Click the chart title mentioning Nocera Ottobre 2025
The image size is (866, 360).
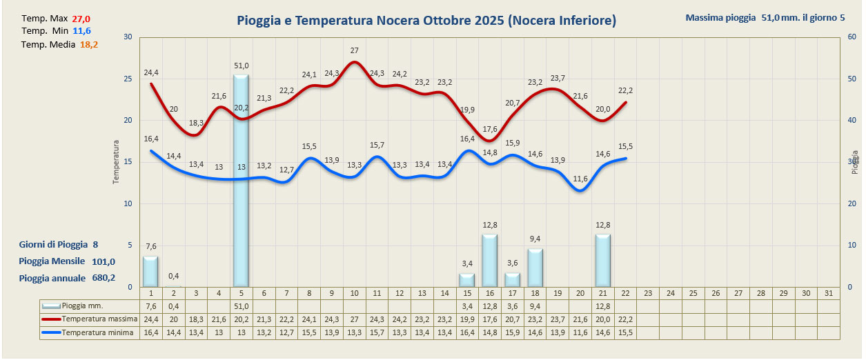426,21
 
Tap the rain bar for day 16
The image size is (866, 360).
489,261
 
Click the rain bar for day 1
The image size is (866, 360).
150,271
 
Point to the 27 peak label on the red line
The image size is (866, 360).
354,50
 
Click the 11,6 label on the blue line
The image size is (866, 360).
580,179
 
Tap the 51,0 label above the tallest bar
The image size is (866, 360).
242,66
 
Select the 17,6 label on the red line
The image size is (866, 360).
490,129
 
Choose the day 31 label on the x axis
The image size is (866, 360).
829,293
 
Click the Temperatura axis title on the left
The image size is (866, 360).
117,162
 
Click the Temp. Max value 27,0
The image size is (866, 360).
81,19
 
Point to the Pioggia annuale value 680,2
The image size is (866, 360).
104,278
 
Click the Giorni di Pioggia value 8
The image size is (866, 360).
95,244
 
